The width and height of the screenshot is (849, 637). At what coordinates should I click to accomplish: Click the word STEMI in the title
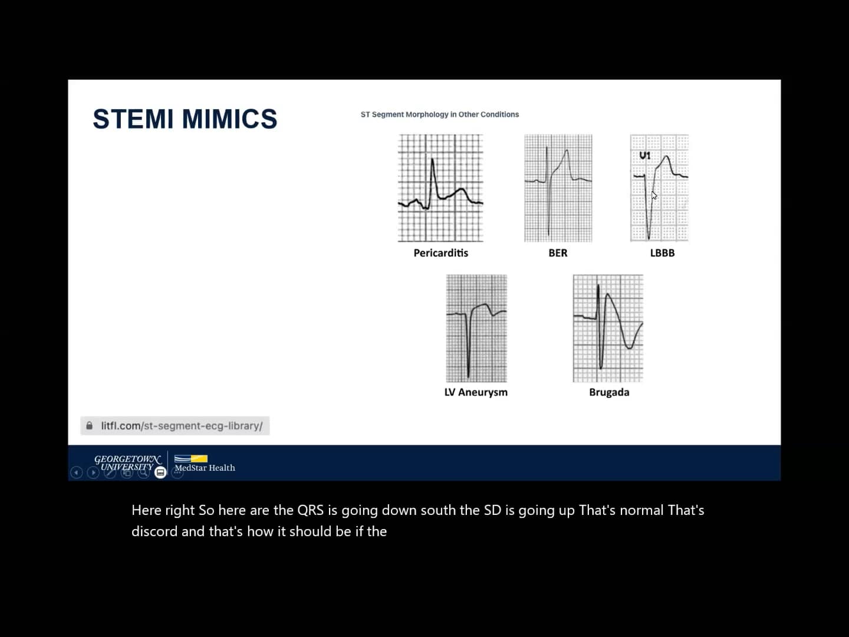click(134, 119)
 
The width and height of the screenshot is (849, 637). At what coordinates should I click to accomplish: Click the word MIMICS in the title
click(229, 119)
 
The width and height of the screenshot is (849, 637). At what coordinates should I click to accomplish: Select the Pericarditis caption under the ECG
click(440, 253)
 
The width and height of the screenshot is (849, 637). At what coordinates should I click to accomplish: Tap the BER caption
click(558, 253)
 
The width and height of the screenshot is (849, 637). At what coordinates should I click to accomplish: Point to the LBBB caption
click(662, 253)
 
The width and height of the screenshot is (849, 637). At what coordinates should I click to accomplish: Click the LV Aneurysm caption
click(476, 392)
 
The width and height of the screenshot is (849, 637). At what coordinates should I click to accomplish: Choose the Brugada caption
click(609, 392)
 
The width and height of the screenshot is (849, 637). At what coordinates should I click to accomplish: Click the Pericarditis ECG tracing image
click(440, 188)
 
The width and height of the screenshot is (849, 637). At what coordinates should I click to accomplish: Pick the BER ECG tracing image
click(558, 188)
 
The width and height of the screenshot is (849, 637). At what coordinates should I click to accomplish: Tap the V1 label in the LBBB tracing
click(644, 156)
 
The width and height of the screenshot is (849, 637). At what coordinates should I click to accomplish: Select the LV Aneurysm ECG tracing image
click(476, 329)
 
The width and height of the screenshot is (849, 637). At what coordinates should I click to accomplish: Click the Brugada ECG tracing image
click(608, 329)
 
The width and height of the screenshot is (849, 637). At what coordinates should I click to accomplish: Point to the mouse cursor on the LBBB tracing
click(654, 196)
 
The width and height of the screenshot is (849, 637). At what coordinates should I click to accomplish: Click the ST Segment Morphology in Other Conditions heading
click(439, 114)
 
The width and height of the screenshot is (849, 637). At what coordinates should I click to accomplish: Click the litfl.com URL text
click(182, 426)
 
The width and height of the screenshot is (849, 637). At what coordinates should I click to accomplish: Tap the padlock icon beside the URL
click(90, 426)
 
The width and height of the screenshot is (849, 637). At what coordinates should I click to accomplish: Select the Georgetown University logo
click(127, 462)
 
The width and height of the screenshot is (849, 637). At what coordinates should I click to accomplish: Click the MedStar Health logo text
click(205, 468)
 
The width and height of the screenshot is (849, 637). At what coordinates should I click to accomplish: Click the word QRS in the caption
click(310, 510)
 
